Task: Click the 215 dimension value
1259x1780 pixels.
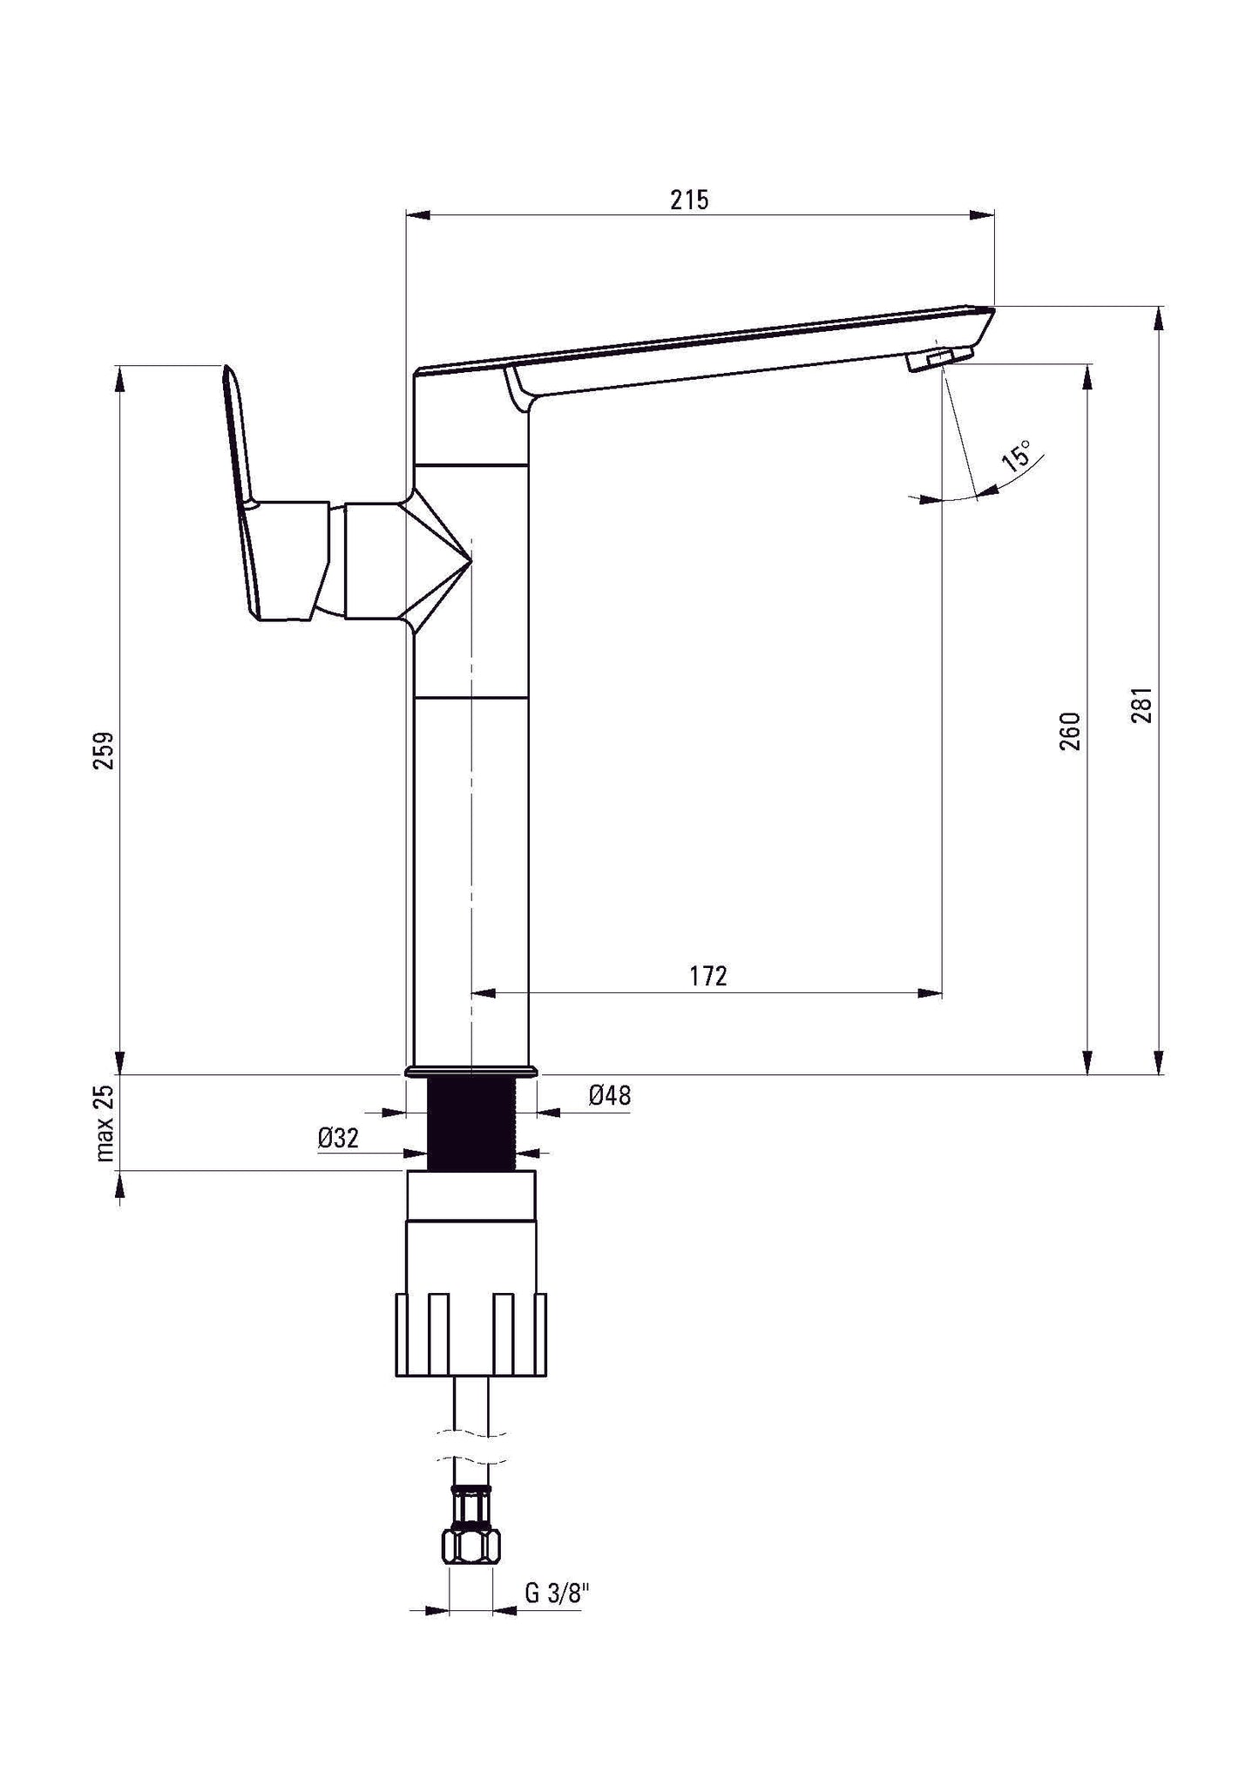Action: point(689,200)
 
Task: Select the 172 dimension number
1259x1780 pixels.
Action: point(707,976)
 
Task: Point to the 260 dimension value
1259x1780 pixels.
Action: point(1070,731)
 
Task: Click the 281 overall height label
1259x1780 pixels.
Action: point(1142,705)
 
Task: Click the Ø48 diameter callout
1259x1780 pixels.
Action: point(609,1096)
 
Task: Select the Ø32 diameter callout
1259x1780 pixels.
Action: point(338,1138)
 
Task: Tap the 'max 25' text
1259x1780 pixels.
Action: point(105,1124)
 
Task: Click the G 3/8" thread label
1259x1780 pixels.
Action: point(558,1594)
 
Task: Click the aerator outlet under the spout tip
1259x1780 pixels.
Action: point(938,358)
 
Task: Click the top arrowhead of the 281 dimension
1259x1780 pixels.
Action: point(1158,317)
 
